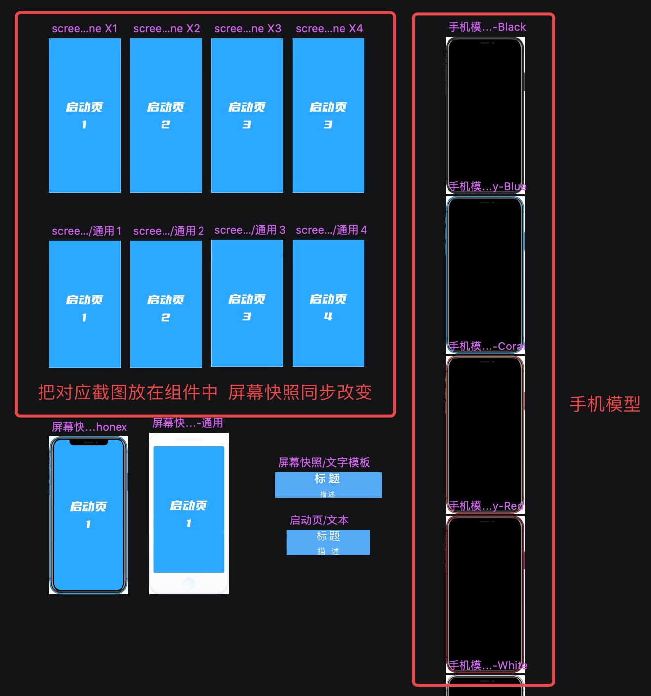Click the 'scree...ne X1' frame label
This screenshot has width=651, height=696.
pos(84,29)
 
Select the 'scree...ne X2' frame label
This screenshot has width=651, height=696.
pos(166,29)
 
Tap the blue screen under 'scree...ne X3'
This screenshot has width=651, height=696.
pos(247,148)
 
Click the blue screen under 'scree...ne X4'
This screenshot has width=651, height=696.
pos(328,148)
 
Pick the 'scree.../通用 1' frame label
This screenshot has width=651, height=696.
pos(86,231)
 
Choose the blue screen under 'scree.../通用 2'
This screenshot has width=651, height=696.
pos(166,341)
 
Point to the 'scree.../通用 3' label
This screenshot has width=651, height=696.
pos(249,230)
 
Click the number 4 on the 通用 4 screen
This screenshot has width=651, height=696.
pos(328,316)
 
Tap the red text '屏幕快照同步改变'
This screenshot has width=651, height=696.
pos(300,392)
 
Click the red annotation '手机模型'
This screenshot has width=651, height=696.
pos(605,404)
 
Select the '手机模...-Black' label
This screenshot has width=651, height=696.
pos(487,27)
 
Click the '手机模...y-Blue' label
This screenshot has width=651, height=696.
pos(487,187)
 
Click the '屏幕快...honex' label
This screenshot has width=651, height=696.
pos(89,427)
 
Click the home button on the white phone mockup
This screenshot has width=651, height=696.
pos(189,583)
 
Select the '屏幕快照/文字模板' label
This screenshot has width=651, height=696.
pos(324,463)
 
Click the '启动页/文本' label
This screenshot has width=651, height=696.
pos(319,521)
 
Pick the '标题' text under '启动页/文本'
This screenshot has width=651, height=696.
pos(328,536)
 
